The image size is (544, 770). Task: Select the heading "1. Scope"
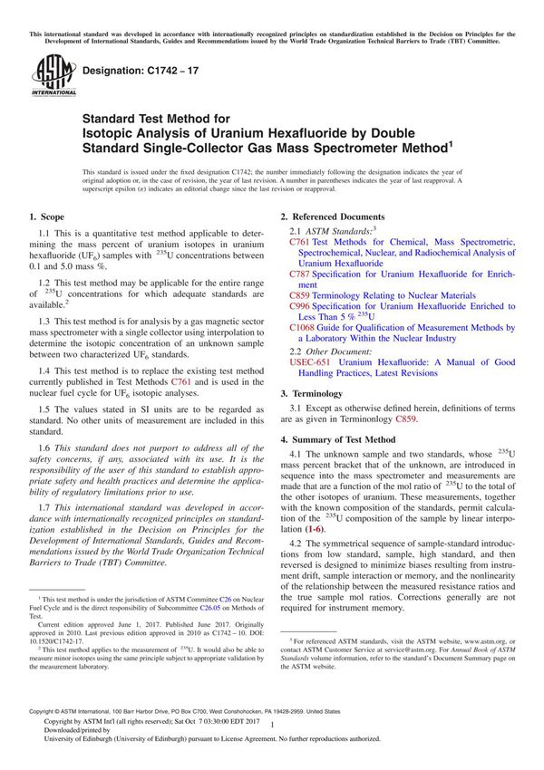pyautogui.click(x=47, y=217)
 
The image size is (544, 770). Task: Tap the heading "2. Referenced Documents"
pyautogui.click(x=332, y=217)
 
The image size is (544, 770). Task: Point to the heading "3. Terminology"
pyautogui.click(x=312, y=394)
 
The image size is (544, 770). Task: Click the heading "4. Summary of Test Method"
pyautogui.click(x=337, y=439)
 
